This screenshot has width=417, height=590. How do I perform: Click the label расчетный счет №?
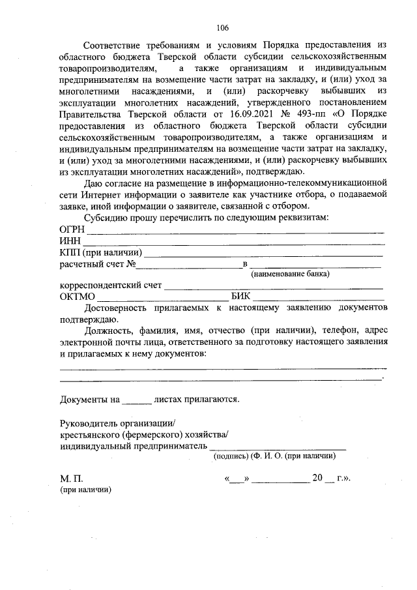97,264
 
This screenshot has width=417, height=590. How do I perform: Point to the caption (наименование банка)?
290,274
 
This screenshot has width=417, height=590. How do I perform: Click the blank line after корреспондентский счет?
273,287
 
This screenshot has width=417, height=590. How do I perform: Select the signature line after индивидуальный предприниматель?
277,449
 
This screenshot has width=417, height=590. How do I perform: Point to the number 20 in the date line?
317,478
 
